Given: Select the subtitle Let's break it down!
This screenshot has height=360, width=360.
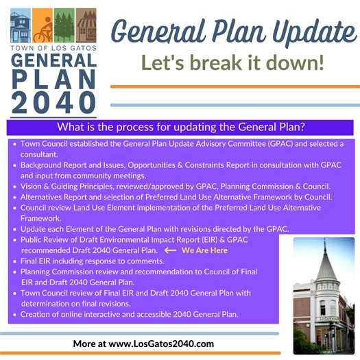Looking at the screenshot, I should click(x=234, y=62).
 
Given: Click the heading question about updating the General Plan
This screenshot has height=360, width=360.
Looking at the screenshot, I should click(x=180, y=127).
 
